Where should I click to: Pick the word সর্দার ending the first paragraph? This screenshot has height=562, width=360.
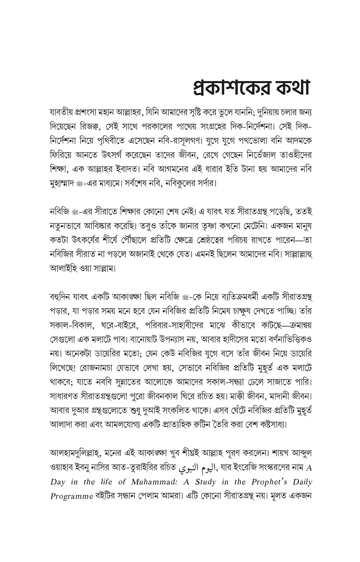click(x=203, y=182)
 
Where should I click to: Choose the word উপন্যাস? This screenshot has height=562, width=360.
click(x=168, y=339)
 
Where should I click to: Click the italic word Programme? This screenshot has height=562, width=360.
click(x=72, y=496)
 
